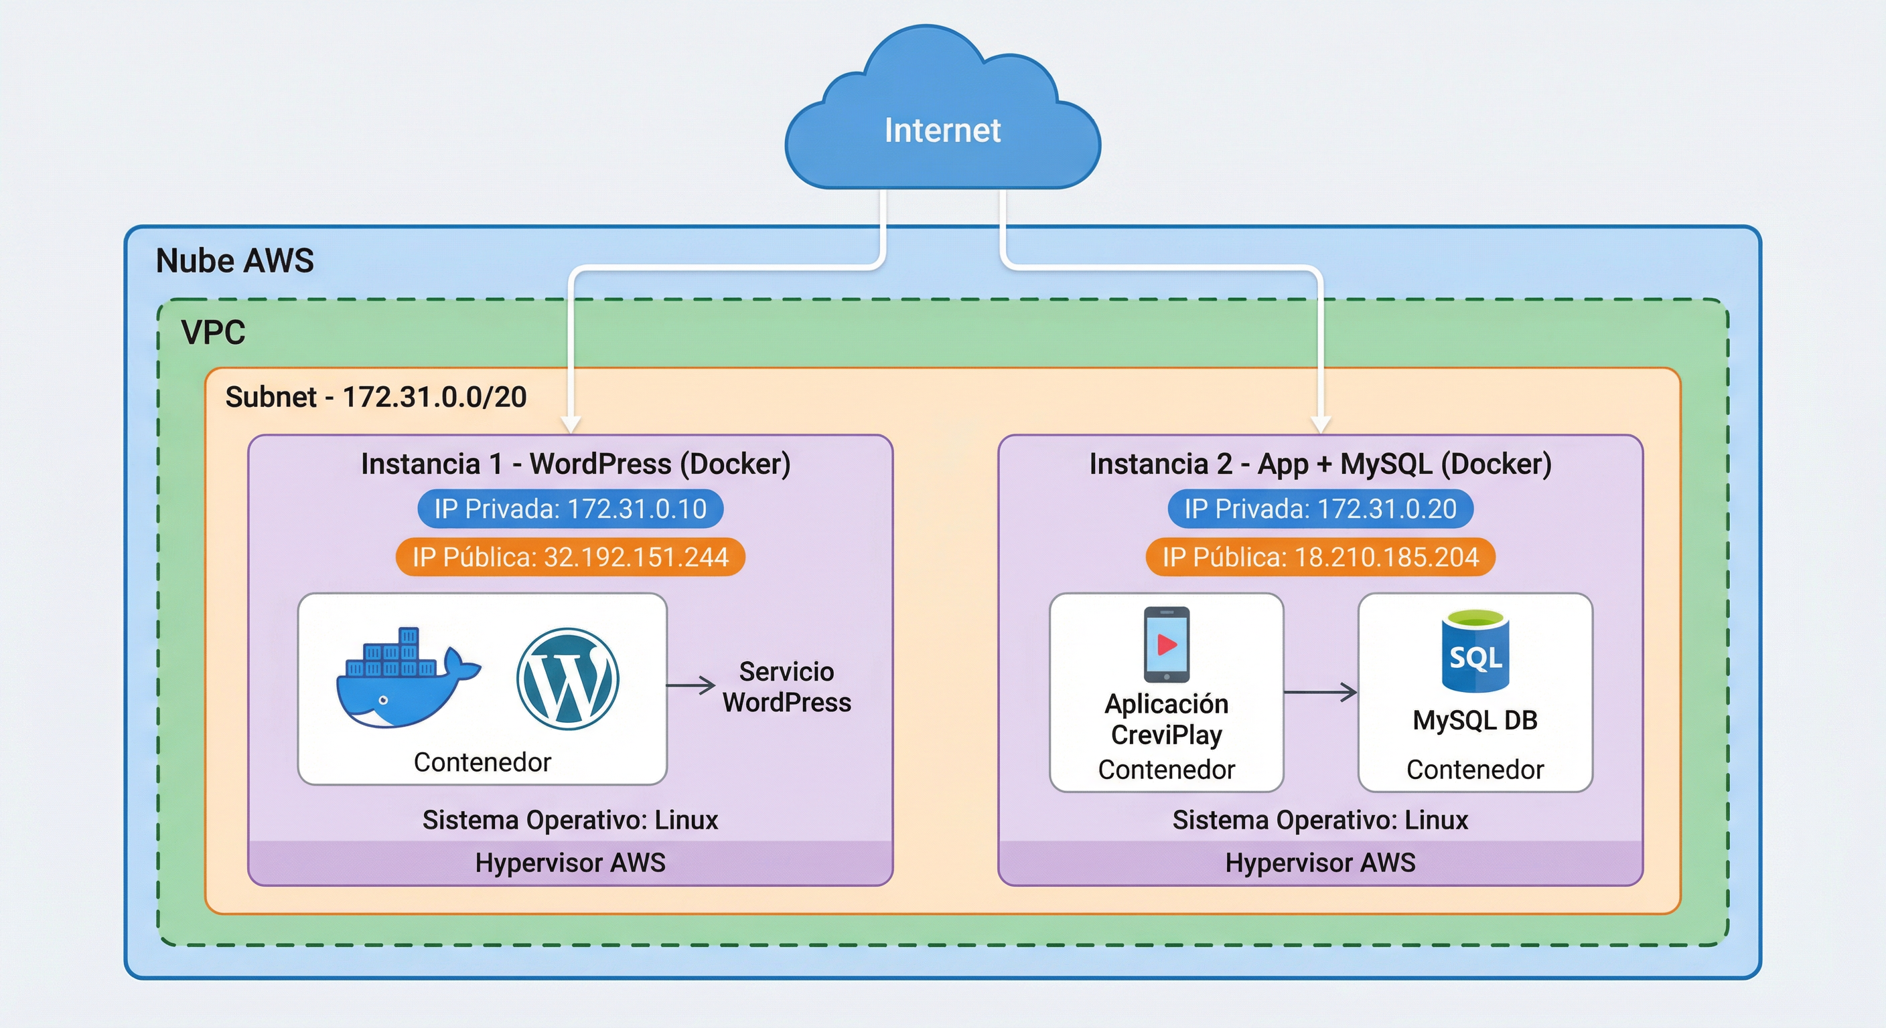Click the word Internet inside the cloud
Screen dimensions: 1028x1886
click(x=942, y=131)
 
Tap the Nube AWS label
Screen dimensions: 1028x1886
click(x=235, y=261)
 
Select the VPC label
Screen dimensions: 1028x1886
click(x=213, y=333)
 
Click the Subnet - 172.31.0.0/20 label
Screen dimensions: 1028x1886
click(x=376, y=398)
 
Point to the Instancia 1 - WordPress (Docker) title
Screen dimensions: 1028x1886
click(x=575, y=464)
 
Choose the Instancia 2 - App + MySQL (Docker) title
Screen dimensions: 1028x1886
click(x=1320, y=464)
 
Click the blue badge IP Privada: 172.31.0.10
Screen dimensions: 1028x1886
click(x=571, y=509)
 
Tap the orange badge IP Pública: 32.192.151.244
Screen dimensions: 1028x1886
click(x=571, y=558)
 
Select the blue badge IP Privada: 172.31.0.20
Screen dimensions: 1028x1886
click(x=1320, y=509)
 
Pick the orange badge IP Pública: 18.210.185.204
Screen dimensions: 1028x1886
click(x=1320, y=558)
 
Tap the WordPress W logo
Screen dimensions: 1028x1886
click(x=567, y=679)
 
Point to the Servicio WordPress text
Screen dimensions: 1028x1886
click(x=786, y=687)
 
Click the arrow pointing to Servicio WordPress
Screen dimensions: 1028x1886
click(x=691, y=685)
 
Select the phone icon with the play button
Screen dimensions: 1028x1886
click(x=1166, y=645)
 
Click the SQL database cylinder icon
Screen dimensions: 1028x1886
click(x=1475, y=652)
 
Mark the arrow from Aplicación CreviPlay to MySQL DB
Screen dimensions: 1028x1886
click(x=1321, y=691)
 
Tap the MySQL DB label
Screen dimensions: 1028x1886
click(x=1475, y=721)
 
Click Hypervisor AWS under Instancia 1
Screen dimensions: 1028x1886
click(x=571, y=863)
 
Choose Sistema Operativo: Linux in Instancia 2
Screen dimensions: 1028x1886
click(x=1320, y=821)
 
